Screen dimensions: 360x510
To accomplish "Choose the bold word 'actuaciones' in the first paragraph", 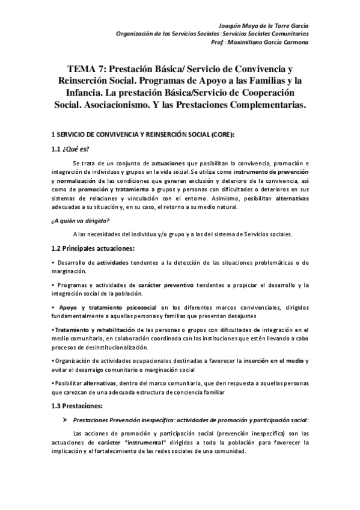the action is pos(169,164).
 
